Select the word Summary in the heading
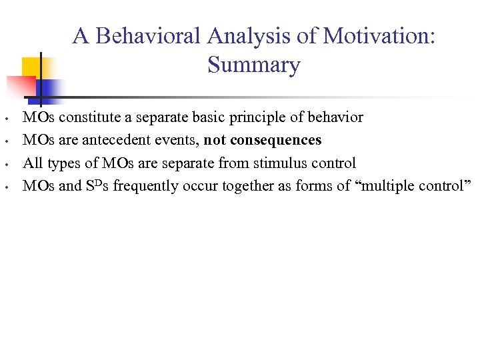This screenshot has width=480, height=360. [253, 65]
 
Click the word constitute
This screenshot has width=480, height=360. [87, 117]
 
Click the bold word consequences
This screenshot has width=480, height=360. [275, 140]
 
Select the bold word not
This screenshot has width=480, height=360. [214, 140]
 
